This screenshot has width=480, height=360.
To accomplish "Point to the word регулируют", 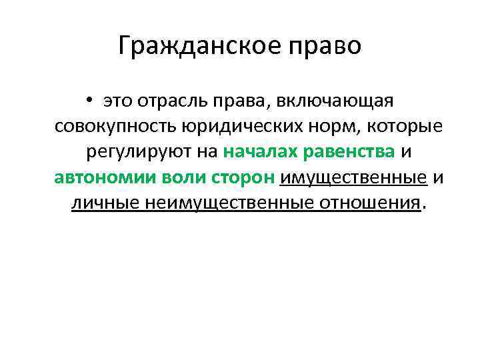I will point(138,151).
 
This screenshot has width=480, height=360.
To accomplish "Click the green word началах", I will point(259,151).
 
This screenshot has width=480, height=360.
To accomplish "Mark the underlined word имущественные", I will point(353,177).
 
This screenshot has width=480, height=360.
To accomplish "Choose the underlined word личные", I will point(101,203).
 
